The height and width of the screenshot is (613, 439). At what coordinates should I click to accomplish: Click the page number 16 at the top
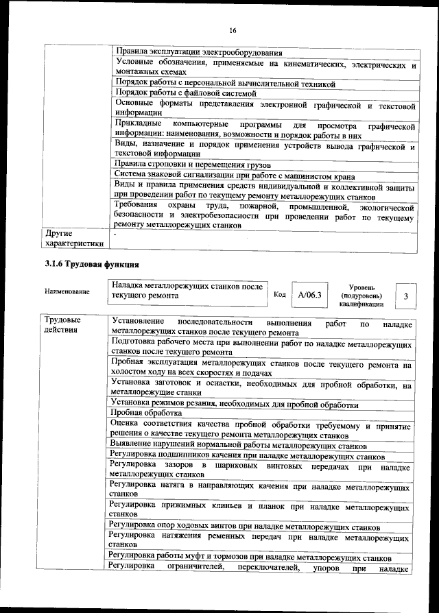[233, 30]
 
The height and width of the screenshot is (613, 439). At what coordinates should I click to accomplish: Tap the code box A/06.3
[305, 295]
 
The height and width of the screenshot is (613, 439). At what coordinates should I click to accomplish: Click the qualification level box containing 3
[406, 296]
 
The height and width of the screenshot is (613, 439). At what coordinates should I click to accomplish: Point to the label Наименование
[67, 292]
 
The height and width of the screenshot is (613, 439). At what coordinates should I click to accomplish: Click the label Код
[279, 295]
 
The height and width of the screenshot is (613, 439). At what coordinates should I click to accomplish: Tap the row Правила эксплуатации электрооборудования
[199, 52]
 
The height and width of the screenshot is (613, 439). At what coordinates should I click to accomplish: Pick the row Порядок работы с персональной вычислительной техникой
[225, 84]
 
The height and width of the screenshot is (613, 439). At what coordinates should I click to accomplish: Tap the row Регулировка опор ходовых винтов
[244, 527]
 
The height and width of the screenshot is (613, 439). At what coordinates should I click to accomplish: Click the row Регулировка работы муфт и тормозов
[250, 558]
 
